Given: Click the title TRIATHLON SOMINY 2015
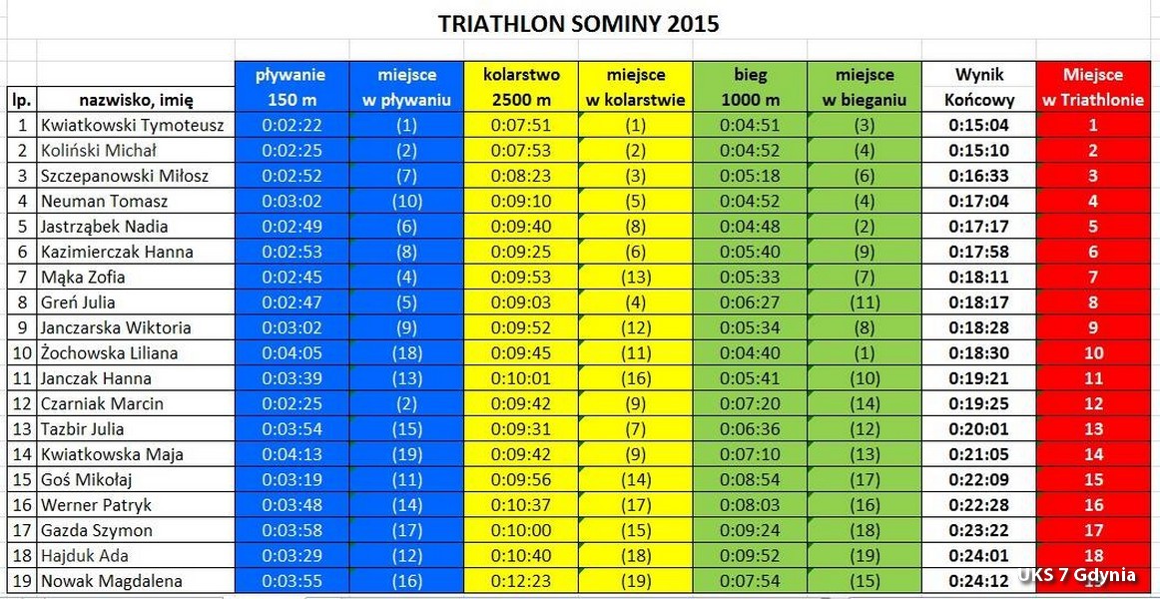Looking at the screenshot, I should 578,24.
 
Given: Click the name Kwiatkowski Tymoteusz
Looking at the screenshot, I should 132,125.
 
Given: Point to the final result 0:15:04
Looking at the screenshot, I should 979,125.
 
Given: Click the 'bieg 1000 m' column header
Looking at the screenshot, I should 751,87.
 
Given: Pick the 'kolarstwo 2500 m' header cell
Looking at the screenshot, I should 521,87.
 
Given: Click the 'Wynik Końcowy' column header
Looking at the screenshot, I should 979,87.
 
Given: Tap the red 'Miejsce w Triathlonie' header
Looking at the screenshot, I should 1093,87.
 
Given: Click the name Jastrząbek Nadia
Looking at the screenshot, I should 104,227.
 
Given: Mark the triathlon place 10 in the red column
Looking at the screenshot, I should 1093,352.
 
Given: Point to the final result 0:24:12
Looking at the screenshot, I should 979,580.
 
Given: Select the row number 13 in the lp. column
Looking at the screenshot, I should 21,428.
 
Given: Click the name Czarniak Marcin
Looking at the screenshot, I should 102,403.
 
